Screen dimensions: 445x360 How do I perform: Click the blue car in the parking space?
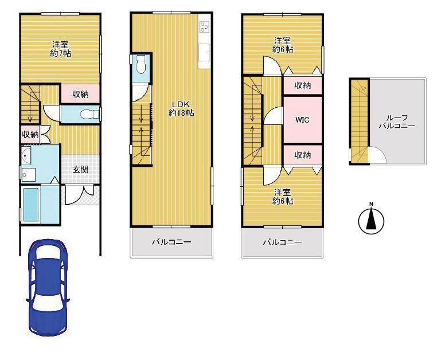(x=48, y=288)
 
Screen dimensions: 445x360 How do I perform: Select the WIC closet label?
(x=303, y=120)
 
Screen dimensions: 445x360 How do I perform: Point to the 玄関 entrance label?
(x=81, y=170)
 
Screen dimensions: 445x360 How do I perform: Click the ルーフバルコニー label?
(x=397, y=122)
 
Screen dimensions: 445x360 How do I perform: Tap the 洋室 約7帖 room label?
(x=60, y=49)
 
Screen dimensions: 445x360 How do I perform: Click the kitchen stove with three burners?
(x=204, y=27)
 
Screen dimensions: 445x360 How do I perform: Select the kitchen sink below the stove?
(x=204, y=52)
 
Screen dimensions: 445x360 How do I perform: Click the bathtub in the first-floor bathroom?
(x=31, y=205)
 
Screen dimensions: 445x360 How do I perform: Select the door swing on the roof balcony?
(x=377, y=155)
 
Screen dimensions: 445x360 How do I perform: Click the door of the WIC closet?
(x=273, y=116)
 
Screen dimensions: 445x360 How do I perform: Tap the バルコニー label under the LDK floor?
(x=171, y=242)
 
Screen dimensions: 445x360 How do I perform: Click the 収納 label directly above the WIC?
(x=303, y=85)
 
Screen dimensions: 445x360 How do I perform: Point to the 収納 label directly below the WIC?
(x=303, y=155)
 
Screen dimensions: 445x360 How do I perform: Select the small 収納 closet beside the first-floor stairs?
(x=30, y=135)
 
